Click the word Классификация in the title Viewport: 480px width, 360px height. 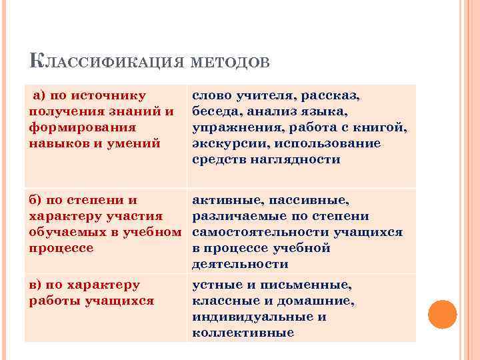(x=105, y=63)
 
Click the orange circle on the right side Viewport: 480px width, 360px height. (x=441, y=314)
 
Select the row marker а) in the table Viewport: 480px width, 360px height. (x=40, y=96)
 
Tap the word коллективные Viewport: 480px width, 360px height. (x=243, y=333)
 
